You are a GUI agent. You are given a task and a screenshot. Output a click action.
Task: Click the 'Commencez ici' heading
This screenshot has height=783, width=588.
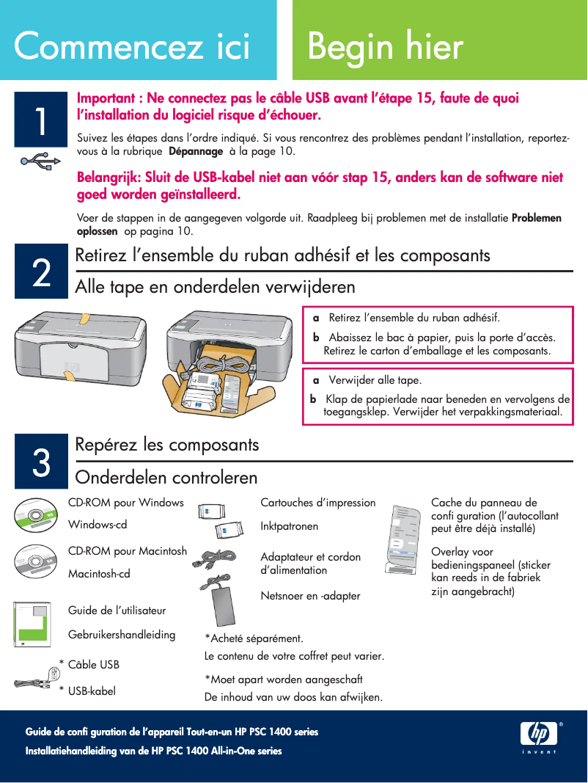pyautogui.click(x=133, y=46)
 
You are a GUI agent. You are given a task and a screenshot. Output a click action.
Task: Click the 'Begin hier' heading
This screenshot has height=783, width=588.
pyautogui.click(x=386, y=46)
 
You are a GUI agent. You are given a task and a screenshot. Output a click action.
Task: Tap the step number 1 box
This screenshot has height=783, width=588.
pyautogui.click(x=42, y=122)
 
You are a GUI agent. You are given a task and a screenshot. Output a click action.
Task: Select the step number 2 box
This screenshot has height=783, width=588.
pyautogui.click(x=42, y=273)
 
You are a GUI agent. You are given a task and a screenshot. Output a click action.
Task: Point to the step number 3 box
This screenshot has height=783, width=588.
pyautogui.click(x=42, y=462)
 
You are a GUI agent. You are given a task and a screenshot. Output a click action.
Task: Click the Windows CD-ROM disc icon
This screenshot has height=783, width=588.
pyautogui.click(x=36, y=515)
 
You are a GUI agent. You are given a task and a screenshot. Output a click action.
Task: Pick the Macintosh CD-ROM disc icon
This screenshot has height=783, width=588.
pyautogui.click(x=36, y=561)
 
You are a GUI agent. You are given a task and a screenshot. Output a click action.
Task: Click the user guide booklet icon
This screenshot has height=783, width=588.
pyautogui.click(x=33, y=624)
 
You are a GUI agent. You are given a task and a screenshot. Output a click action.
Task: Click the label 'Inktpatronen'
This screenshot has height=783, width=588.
pyautogui.click(x=290, y=526)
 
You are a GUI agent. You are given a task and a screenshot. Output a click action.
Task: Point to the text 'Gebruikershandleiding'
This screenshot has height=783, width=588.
pyautogui.click(x=122, y=634)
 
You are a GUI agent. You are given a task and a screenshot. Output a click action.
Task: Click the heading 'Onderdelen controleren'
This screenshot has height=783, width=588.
pyautogui.click(x=166, y=478)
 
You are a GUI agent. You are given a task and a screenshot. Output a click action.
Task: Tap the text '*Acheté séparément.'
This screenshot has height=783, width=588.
pyautogui.click(x=254, y=638)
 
